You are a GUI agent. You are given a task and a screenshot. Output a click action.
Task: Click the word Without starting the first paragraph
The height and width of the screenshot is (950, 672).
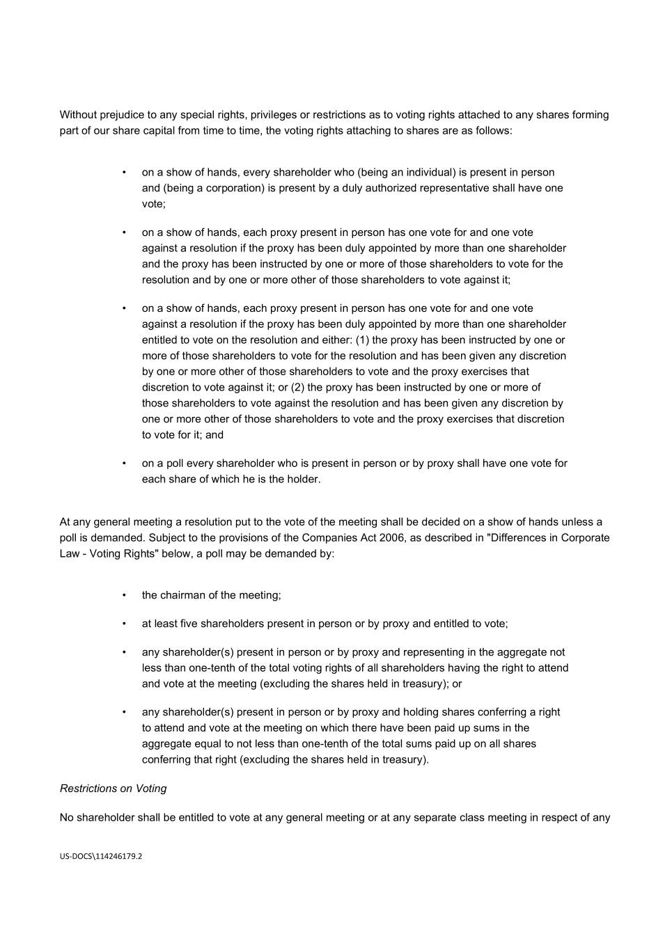point(79,115)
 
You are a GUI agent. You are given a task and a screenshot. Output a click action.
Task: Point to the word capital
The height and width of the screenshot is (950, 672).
point(162,131)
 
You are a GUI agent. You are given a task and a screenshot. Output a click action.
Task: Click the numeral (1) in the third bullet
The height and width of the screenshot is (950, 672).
point(363,340)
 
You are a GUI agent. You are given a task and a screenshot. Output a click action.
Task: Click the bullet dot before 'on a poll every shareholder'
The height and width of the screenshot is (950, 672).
point(124,464)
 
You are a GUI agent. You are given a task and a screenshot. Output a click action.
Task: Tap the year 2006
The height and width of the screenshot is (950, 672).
point(393,538)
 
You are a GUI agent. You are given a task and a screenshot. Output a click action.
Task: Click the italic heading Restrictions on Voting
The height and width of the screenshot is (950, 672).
point(113,789)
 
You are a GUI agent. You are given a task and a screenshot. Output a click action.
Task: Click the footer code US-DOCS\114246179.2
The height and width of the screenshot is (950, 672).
point(101,857)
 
